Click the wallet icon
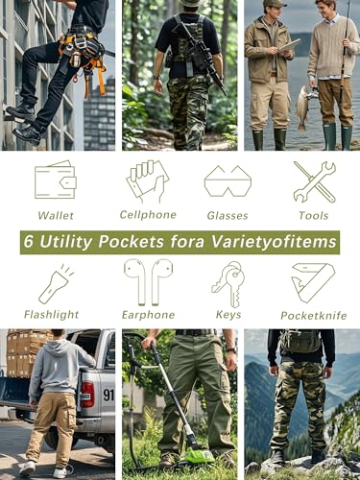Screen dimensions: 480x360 (x=55, y=180)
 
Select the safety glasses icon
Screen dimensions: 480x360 (x=228, y=180)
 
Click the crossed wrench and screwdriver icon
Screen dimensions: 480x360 (x=314, y=180)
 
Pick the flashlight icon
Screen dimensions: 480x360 (x=55, y=284)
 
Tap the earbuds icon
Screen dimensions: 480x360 (x=148, y=282)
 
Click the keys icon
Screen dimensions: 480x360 (x=228, y=283)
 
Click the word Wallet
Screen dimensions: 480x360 (x=56, y=216)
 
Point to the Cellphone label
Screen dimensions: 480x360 (x=148, y=214)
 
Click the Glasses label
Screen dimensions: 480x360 (x=228, y=216)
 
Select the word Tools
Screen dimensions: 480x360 (x=314, y=216)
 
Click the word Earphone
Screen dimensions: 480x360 (x=148, y=314)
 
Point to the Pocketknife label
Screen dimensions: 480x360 (x=313, y=315)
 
